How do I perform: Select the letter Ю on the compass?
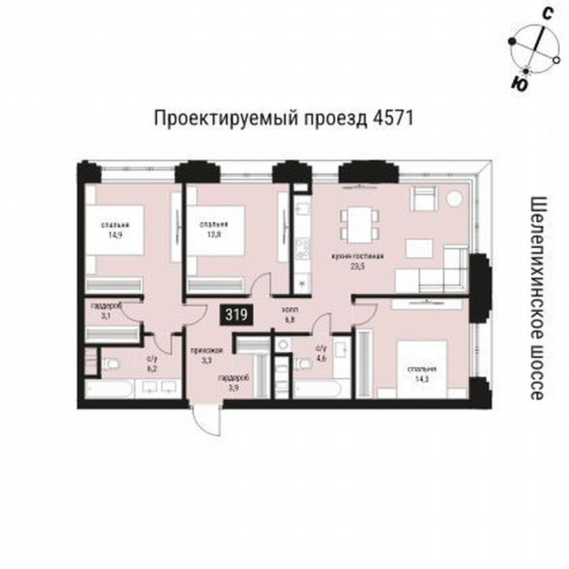[520, 83]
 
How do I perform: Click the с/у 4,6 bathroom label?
[321, 352]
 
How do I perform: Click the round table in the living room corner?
[453, 198]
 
